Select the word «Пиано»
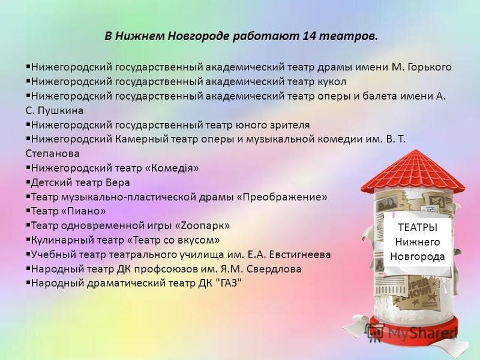86,211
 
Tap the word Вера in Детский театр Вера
118,182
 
